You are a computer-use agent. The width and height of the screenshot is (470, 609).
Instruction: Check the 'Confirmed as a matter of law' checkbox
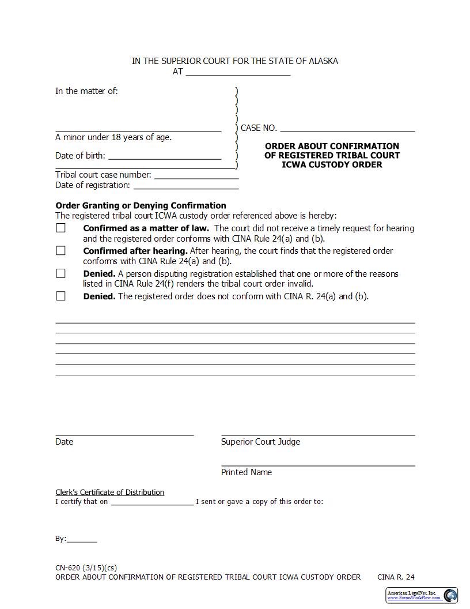[x=60, y=228]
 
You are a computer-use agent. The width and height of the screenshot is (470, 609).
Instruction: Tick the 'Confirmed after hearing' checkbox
[x=60, y=250]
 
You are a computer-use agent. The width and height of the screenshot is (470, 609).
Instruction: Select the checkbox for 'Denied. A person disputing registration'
[x=60, y=273]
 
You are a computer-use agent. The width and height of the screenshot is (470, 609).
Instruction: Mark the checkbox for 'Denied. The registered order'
[x=60, y=296]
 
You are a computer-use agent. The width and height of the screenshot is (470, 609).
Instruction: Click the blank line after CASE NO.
[x=347, y=128]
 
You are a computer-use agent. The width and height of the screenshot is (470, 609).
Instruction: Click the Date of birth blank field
[x=165, y=156]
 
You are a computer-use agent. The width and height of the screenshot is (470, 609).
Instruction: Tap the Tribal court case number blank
[x=196, y=175]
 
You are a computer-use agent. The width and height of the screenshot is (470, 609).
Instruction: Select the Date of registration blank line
[x=185, y=185]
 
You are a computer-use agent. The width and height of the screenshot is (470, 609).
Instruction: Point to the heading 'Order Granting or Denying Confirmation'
[x=141, y=205]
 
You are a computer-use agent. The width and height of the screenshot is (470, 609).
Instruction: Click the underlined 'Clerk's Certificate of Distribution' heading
[x=109, y=492]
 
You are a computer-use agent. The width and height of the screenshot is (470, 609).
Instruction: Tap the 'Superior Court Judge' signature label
[x=260, y=442]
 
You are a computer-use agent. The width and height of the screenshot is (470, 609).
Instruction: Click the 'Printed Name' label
[x=247, y=472]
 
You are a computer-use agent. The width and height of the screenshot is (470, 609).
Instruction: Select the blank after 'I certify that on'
[x=152, y=502]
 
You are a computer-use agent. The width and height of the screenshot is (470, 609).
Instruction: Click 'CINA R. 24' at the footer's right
[x=396, y=577]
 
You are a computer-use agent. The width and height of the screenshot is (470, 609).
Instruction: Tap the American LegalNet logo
[x=422, y=595]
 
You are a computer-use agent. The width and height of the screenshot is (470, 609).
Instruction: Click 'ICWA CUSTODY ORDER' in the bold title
[x=332, y=164]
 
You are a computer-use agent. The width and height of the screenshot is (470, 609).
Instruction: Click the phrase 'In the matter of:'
[x=86, y=91]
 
